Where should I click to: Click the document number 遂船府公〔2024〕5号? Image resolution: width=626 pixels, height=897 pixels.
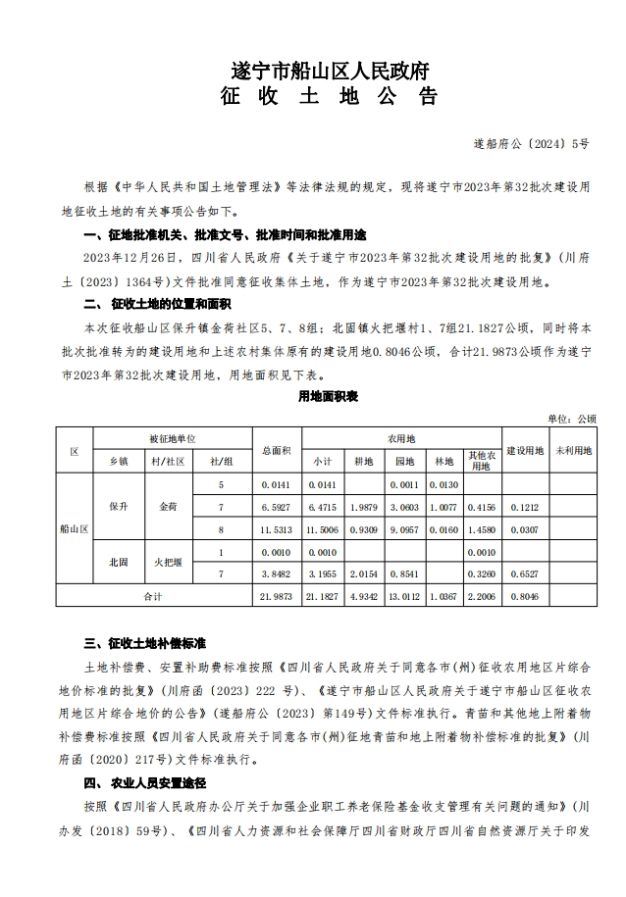[x=546, y=143]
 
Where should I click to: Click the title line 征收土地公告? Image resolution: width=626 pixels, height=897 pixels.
[x=328, y=97]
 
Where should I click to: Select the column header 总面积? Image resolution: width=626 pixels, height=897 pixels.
[x=277, y=450]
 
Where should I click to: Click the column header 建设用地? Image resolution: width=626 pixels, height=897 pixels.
[x=526, y=450]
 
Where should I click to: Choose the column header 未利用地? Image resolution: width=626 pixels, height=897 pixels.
[x=574, y=450]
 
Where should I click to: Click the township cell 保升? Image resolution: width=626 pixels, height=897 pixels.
[x=119, y=507]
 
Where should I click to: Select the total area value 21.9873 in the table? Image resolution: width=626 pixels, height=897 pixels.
[x=277, y=595]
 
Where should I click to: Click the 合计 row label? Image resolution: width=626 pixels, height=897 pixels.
[x=153, y=595]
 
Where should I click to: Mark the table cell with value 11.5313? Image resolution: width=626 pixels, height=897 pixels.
[x=277, y=529]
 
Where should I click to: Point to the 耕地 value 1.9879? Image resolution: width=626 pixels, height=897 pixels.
[x=364, y=507]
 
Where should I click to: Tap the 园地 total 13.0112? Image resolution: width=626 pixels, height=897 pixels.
[x=404, y=595]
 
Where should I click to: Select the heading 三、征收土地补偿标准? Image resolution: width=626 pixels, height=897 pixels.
[x=144, y=644]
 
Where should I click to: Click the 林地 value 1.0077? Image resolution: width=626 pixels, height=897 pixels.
[x=443, y=507]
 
